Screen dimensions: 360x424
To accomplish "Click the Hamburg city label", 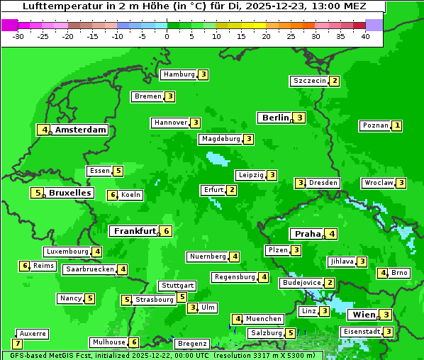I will (178, 74).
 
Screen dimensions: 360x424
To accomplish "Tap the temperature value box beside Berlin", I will (300, 118).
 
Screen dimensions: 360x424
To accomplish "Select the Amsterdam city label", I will (81, 130).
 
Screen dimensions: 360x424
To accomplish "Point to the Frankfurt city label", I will (135, 231).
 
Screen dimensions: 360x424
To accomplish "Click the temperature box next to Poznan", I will (397, 125).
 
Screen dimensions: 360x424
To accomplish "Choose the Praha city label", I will (308, 234).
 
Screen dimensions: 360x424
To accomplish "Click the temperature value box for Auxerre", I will (17, 344).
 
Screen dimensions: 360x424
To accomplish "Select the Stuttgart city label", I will (177, 286).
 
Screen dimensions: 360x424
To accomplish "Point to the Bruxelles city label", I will (69, 193).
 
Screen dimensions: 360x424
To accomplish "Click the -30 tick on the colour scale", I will (18, 36).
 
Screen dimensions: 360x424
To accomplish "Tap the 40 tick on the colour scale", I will (364, 36).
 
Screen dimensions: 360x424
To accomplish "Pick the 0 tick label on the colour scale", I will (167, 36).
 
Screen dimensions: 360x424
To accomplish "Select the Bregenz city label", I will (191, 344).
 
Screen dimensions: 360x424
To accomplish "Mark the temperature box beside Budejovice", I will (330, 283).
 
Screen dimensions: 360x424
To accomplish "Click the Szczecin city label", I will (309, 81).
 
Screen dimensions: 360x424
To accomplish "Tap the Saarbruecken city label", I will (89, 269).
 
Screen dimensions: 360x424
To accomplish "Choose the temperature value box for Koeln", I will (112, 195).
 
